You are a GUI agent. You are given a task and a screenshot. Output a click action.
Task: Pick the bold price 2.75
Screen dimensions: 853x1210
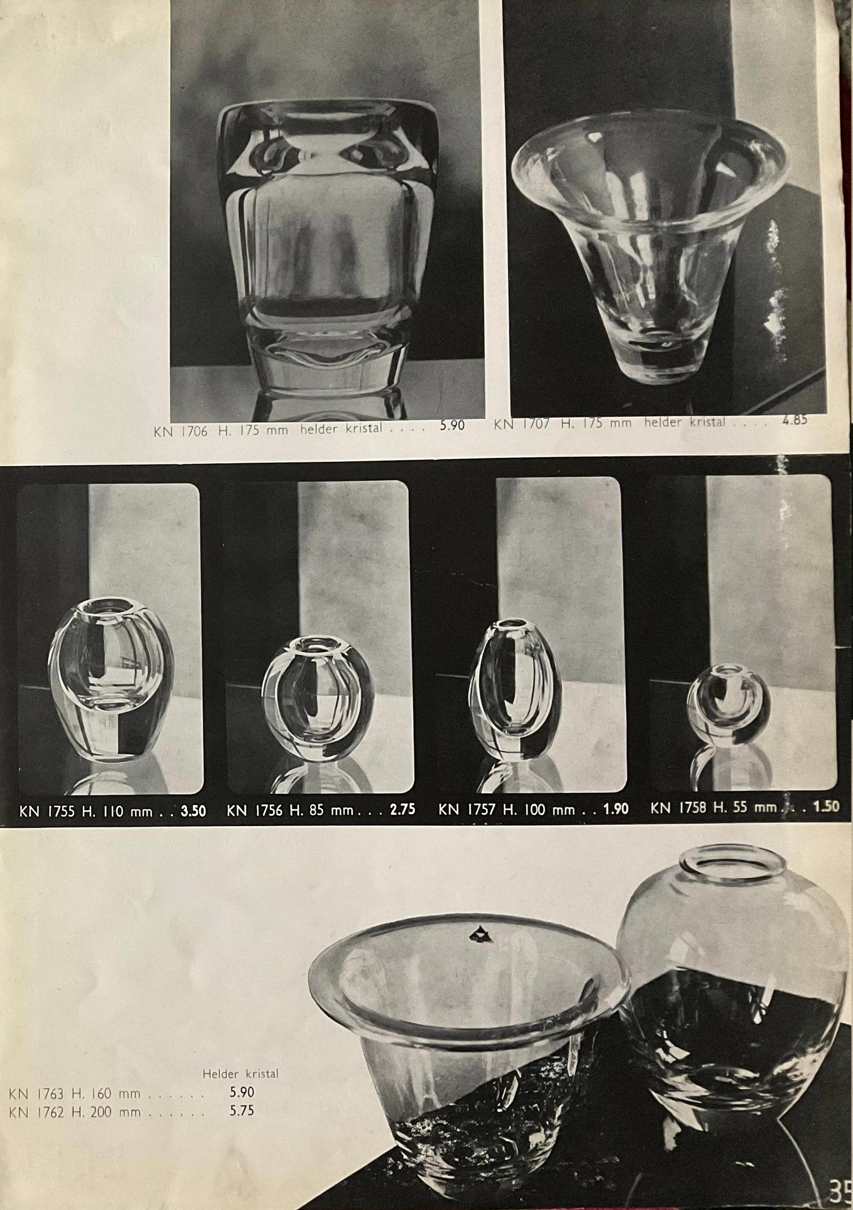tap(403, 809)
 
